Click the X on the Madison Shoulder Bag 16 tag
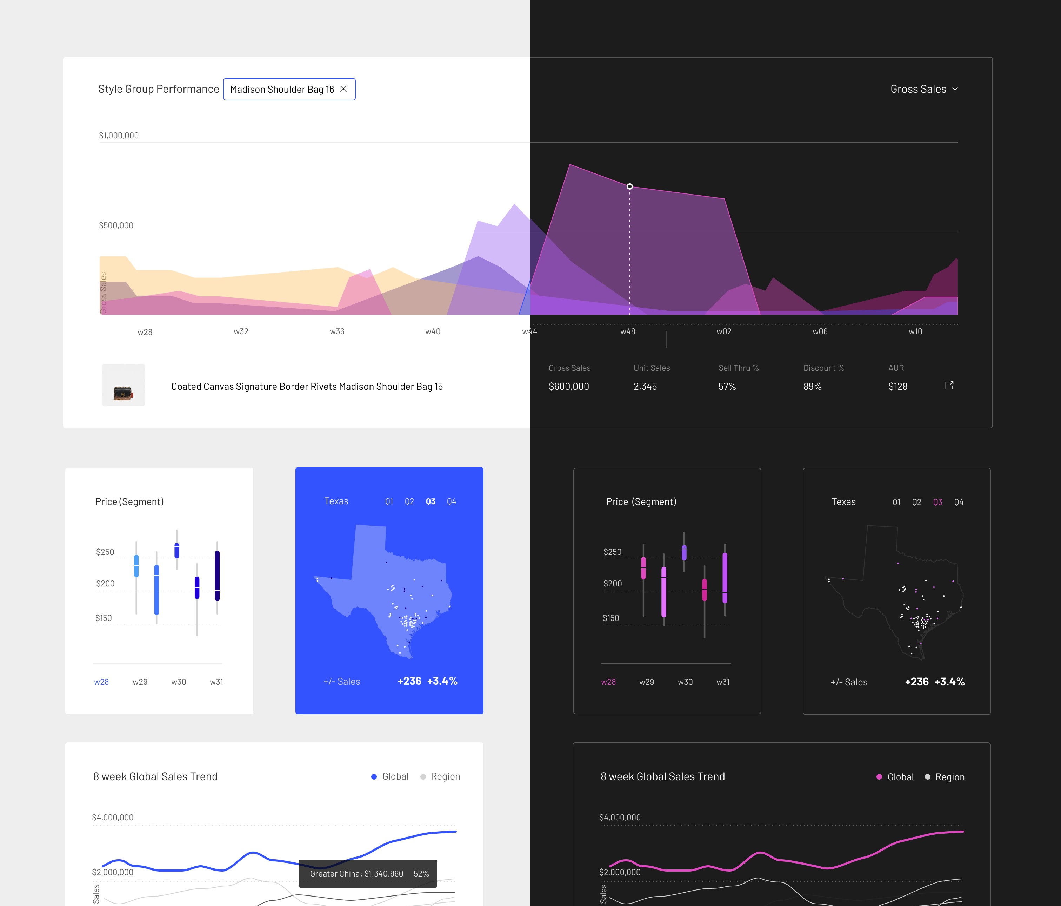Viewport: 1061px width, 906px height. (x=343, y=89)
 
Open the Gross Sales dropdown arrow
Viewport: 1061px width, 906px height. (x=955, y=89)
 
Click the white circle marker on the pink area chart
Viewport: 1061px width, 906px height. (x=630, y=186)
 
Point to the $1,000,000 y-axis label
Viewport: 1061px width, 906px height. (x=119, y=135)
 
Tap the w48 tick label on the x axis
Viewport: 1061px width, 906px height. (x=628, y=331)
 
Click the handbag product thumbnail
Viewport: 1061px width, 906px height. (x=124, y=385)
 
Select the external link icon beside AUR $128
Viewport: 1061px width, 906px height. (x=949, y=385)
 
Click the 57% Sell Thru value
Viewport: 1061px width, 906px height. (x=727, y=386)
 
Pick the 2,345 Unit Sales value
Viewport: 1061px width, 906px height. (x=645, y=386)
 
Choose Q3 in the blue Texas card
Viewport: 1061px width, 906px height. (x=431, y=502)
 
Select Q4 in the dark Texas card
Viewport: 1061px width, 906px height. (x=959, y=502)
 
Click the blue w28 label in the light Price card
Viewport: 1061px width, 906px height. (x=101, y=682)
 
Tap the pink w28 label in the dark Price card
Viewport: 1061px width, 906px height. (x=608, y=682)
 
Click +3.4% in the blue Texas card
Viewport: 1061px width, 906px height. (x=442, y=681)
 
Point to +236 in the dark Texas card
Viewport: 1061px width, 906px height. (x=916, y=682)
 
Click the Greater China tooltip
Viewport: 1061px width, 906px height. (x=368, y=874)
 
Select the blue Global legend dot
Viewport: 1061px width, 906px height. (x=374, y=777)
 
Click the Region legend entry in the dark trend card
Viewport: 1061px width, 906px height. (x=945, y=777)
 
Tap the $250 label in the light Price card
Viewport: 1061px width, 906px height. (x=105, y=552)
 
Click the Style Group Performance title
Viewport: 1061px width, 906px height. (x=159, y=89)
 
